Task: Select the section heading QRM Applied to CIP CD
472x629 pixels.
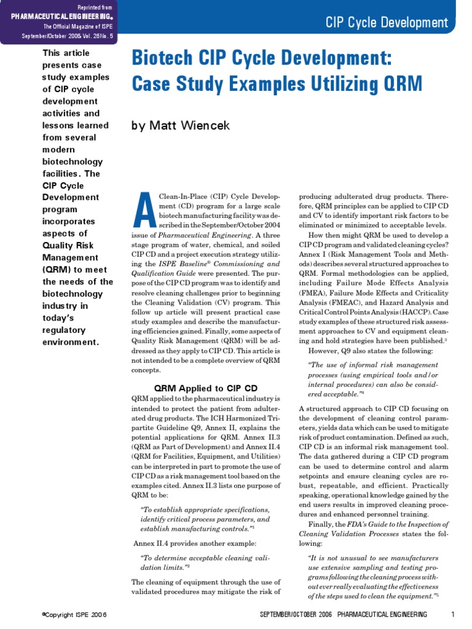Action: click(205, 388)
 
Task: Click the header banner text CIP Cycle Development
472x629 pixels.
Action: click(387, 23)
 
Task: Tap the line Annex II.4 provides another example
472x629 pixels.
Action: click(194, 544)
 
